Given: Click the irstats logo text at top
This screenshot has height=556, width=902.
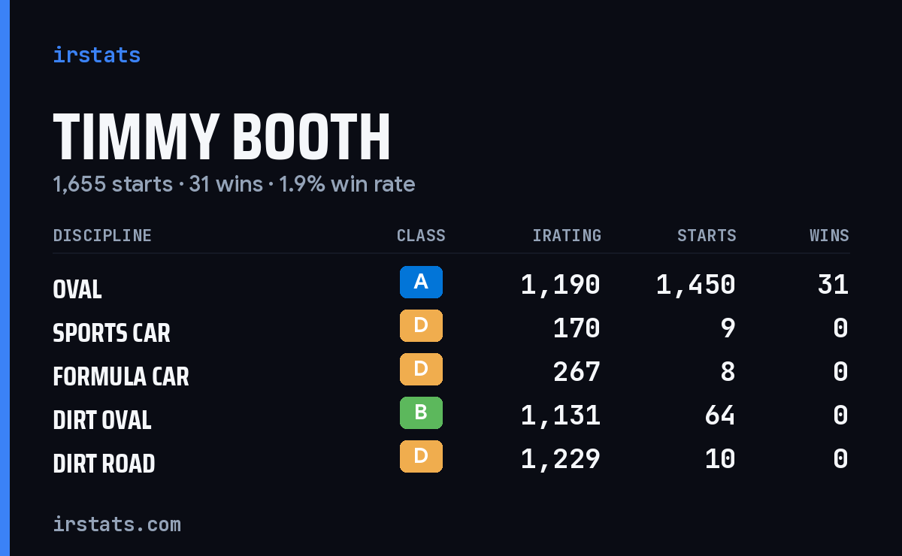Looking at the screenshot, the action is [97, 55].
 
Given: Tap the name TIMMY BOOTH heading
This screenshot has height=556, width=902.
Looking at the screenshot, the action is [222, 137].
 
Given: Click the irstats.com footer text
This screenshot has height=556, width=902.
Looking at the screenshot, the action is [117, 524].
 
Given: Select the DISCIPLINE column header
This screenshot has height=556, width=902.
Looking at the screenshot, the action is [102, 235].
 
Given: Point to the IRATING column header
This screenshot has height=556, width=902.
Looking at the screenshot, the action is [567, 235].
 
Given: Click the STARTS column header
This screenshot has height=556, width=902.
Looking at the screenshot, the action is [707, 235].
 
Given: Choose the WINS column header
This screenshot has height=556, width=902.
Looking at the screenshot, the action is [830, 235].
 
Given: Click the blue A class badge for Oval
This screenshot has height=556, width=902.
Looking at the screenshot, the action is [421, 282].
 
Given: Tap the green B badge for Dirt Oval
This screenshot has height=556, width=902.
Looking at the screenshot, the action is [421, 412].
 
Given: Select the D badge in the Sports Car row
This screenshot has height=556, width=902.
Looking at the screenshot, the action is [421, 325].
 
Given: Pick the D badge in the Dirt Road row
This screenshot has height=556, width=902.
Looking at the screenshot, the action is [421, 456].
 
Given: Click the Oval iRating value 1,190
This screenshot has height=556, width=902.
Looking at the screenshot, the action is [561, 285].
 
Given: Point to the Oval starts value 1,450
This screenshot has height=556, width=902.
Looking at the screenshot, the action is [696, 285].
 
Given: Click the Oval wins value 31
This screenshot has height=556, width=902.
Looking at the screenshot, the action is [833, 284].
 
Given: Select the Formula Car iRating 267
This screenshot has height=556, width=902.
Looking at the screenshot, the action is [577, 372].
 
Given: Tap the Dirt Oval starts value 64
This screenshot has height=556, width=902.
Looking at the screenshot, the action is [720, 415].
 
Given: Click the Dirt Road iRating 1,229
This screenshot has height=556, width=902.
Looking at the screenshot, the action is [561, 459].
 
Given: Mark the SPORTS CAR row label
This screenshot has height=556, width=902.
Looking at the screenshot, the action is [111, 333].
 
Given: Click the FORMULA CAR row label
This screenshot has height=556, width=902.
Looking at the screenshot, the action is [121, 376].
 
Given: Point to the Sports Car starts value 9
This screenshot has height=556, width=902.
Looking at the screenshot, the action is [728, 328].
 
